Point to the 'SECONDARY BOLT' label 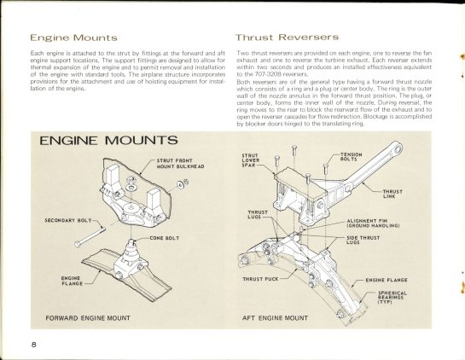[70, 219]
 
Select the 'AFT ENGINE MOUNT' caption [275, 317]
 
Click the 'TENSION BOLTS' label [351, 156]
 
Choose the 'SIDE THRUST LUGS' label [362, 241]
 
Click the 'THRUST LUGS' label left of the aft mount [259, 215]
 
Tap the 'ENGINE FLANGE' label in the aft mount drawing [389, 279]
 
